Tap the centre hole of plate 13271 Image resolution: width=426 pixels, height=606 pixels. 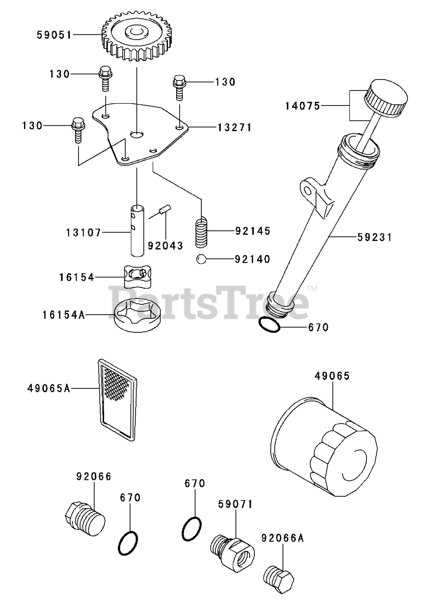click(x=137, y=134)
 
